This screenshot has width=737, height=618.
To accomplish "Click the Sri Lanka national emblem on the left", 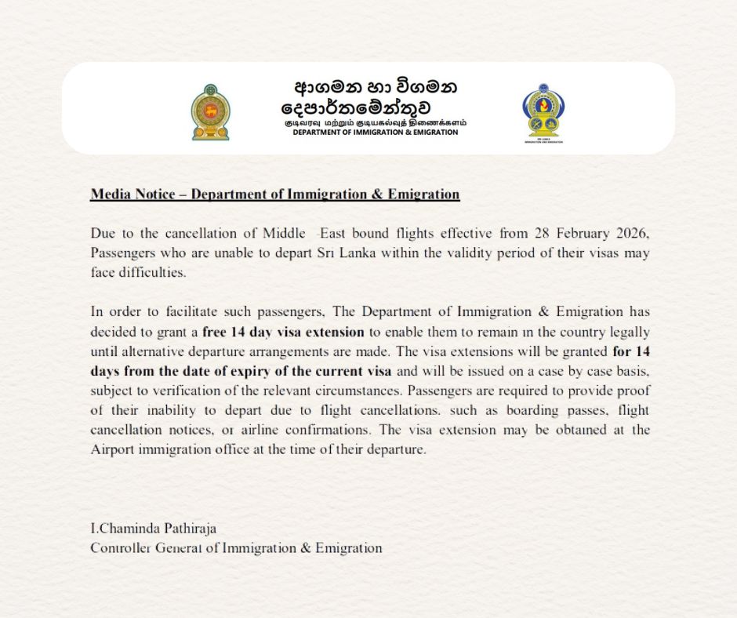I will click(211, 113).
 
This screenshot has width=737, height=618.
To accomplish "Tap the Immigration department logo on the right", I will click(543, 112).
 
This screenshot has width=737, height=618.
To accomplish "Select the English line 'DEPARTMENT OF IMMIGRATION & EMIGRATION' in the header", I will click(375, 133).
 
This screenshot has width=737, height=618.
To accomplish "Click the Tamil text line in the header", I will click(375, 122).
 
